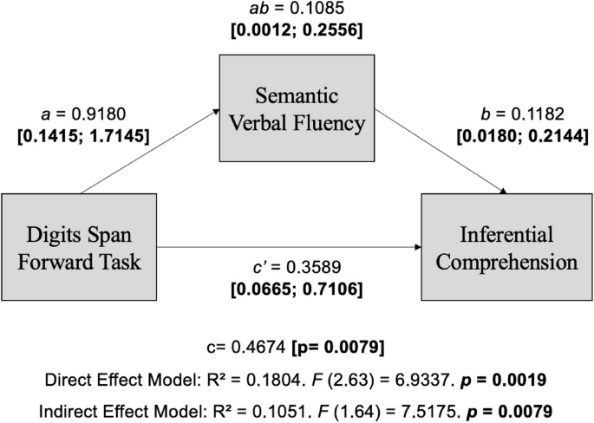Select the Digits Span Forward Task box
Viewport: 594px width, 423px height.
[81, 247]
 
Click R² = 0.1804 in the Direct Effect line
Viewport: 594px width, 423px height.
[244, 378]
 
